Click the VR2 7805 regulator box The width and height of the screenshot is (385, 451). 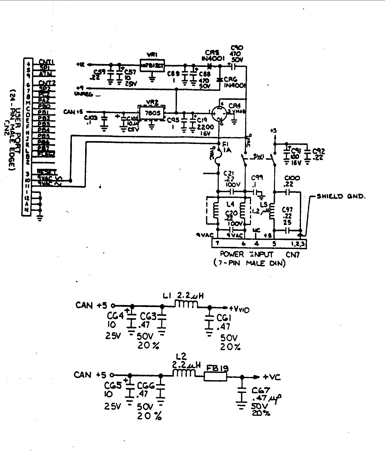tap(152, 113)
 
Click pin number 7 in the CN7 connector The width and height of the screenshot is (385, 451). tap(217, 244)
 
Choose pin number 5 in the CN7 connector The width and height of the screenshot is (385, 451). tap(274, 244)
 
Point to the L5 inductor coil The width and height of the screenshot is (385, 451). tap(272, 211)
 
